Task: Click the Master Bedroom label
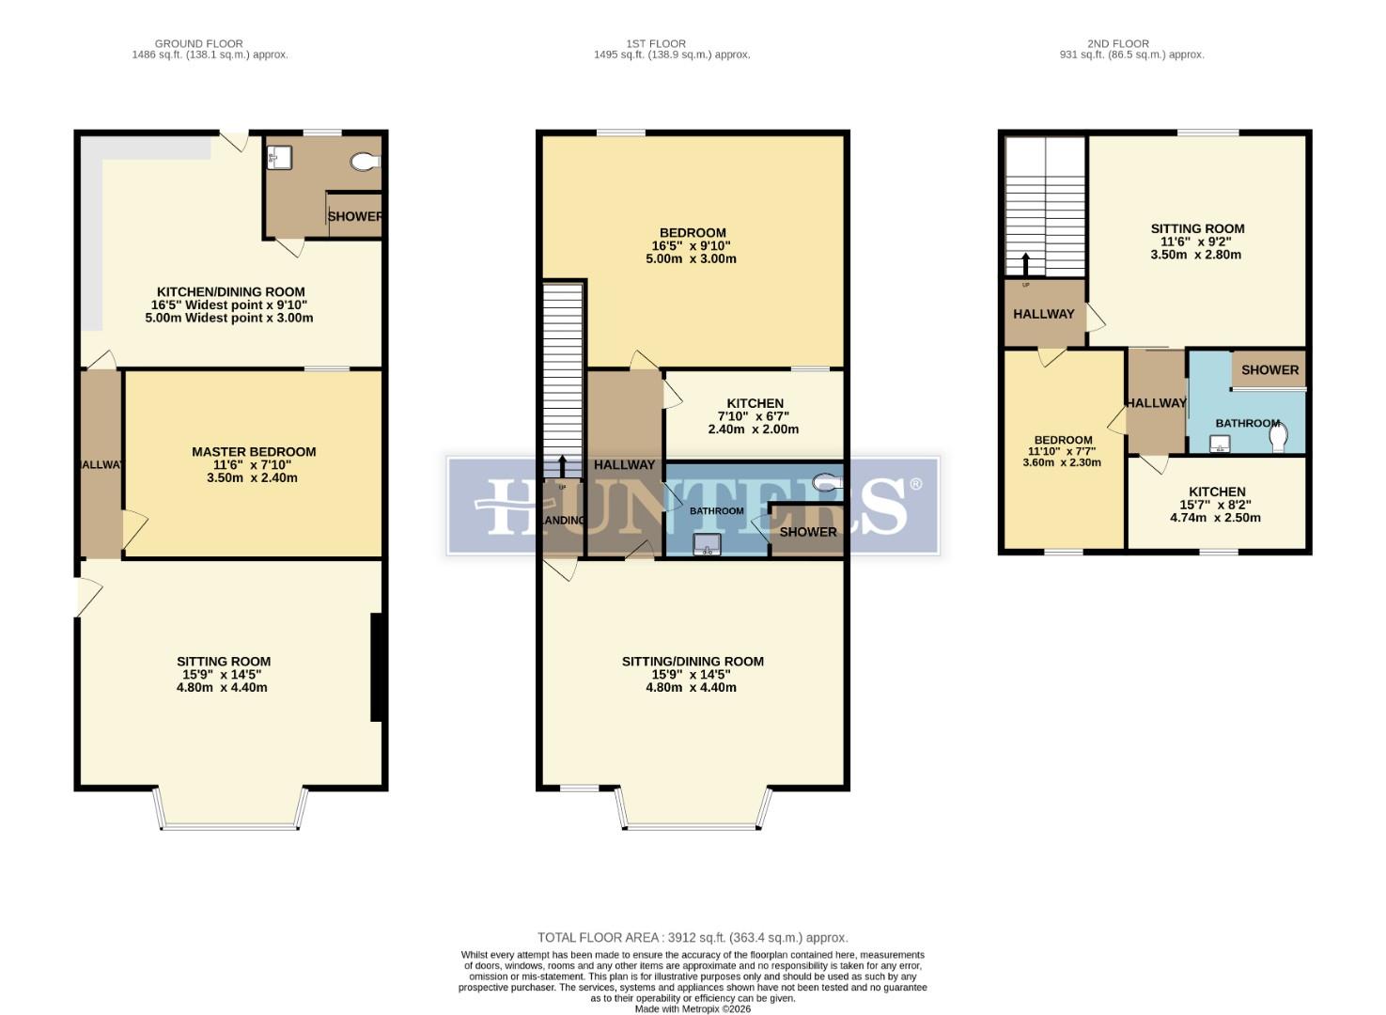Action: pyautogui.click(x=254, y=452)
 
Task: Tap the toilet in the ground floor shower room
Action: pyautogui.click(x=365, y=163)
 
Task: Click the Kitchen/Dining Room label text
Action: pyautogui.click(x=230, y=292)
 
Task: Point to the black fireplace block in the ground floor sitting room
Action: pyautogui.click(x=376, y=667)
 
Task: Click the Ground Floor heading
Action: pyautogui.click(x=199, y=43)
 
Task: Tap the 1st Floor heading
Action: pyautogui.click(x=656, y=43)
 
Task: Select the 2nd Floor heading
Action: pyautogui.click(x=1118, y=43)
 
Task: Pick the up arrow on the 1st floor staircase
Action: pyautogui.click(x=563, y=465)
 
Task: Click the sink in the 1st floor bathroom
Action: pyautogui.click(x=707, y=543)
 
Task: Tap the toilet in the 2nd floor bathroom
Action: pyautogui.click(x=1279, y=438)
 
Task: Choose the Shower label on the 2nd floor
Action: pyautogui.click(x=1269, y=370)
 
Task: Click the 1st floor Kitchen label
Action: pyautogui.click(x=755, y=404)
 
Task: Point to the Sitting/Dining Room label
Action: pyautogui.click(x=693, y=662)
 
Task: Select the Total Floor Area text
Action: pyautogui.click(x=693, y=937)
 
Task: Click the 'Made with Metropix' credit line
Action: pyautogui.click(x=693, y=1009)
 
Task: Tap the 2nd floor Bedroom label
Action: pyautogui.click(x=1063, y=440)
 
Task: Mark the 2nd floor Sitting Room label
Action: pyautogui.click(x=1197, y=228)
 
